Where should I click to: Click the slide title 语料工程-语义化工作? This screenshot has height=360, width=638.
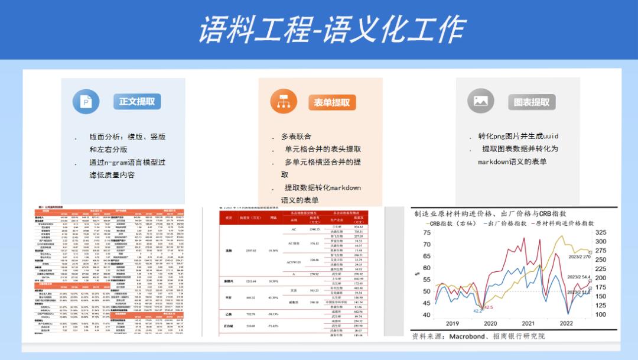(x=331, y=30)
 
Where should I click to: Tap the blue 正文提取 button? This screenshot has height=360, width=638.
(x=137, y=101)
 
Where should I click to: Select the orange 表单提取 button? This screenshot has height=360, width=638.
(x=331, y=102)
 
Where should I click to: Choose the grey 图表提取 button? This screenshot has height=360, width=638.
(x=532, y=102)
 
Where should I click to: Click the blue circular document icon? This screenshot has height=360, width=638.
(x=86, y=102)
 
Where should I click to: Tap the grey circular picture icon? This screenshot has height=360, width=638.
(x=480, y=101)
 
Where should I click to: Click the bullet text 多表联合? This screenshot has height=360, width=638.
(x=296, y=137)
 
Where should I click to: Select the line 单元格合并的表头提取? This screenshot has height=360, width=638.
(x=323, y=149)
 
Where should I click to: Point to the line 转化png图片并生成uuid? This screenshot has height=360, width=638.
(x=518, y=137)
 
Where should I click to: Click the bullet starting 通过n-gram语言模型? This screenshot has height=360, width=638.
(x=127, y=162)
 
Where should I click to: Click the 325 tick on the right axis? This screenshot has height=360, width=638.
(x=600, y=233)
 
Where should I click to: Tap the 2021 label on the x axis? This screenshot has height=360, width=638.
(x=528, y=323)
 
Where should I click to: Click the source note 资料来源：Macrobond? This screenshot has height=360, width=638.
(x=479, y=336)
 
